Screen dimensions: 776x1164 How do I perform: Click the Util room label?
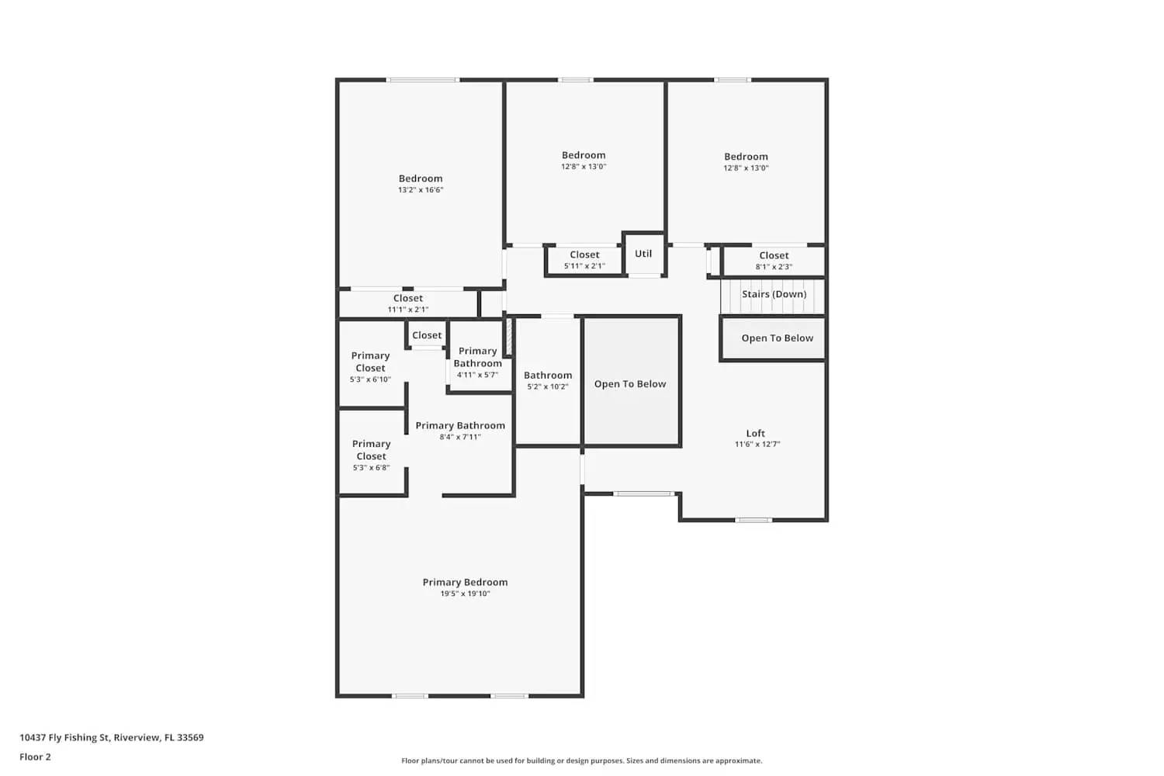point(643,254)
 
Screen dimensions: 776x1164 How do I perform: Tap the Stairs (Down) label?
point(774,294)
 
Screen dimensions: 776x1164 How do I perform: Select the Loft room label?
point(755,434)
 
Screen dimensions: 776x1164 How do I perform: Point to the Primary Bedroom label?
point(465,582)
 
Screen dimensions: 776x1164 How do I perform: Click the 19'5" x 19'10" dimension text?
point(465,594)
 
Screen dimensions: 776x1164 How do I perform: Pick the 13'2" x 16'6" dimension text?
point(421,190)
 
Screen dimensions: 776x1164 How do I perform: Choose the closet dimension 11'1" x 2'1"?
point(408,310)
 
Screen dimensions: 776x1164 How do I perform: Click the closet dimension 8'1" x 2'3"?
point(774,267)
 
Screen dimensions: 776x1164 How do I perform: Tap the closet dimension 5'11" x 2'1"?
point(584,266)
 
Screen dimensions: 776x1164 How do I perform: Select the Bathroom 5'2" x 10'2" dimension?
point(548,386)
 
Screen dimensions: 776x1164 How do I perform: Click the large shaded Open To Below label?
point(630,384)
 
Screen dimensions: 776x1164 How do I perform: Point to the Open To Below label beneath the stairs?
point(777,338)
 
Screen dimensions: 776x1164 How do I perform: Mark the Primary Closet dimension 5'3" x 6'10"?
point(370,379)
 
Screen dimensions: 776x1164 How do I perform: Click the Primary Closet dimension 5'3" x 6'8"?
point(371,468)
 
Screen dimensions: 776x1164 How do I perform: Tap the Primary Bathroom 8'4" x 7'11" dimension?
point(460,437)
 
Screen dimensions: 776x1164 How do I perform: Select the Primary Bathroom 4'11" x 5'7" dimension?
point(477,375)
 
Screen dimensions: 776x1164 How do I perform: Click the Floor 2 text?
point(35,757)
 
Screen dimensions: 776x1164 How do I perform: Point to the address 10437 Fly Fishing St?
point(111,737)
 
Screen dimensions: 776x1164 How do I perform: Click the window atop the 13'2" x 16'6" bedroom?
point(423,79)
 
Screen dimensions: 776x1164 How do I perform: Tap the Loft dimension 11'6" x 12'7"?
point(757,445)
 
